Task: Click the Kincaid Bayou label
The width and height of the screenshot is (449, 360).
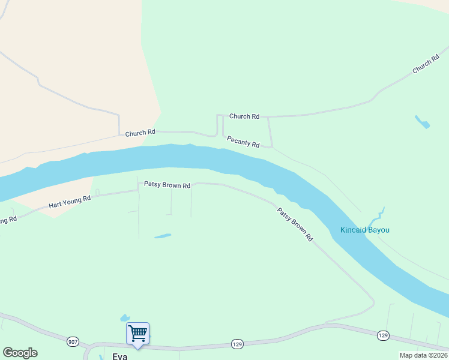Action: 364,230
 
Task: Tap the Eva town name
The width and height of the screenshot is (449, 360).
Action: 119,356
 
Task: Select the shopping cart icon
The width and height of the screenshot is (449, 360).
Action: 137,334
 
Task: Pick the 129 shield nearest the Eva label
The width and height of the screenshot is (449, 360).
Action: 237,344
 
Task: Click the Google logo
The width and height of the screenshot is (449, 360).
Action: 20,353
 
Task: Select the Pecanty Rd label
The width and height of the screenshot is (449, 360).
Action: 243,142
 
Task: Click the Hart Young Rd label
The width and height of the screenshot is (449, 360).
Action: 70,202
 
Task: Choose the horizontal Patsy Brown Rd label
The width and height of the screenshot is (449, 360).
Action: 167,185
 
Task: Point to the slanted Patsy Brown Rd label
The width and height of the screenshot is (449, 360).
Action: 295,224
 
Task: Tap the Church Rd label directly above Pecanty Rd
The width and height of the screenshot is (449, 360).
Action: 244,116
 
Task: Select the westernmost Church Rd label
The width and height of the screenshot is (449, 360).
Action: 140,132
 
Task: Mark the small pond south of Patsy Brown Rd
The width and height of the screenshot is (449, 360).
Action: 163,236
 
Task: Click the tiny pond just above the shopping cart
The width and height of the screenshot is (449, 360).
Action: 125,317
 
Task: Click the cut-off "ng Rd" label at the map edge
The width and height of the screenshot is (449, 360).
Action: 8,220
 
